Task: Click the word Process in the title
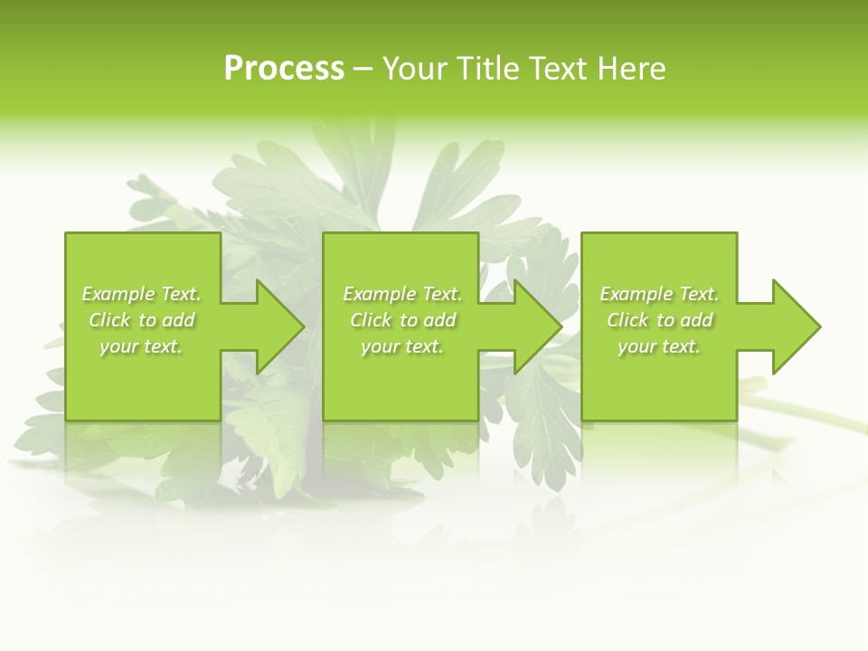284,69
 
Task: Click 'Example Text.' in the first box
141,294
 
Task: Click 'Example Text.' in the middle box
402,294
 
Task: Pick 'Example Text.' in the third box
659,294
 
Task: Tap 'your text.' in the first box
141,346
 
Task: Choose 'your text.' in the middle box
402,346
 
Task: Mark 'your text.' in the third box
659,346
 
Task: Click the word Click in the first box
109,320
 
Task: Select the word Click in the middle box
371,320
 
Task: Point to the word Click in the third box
627,320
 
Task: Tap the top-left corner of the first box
66,233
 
